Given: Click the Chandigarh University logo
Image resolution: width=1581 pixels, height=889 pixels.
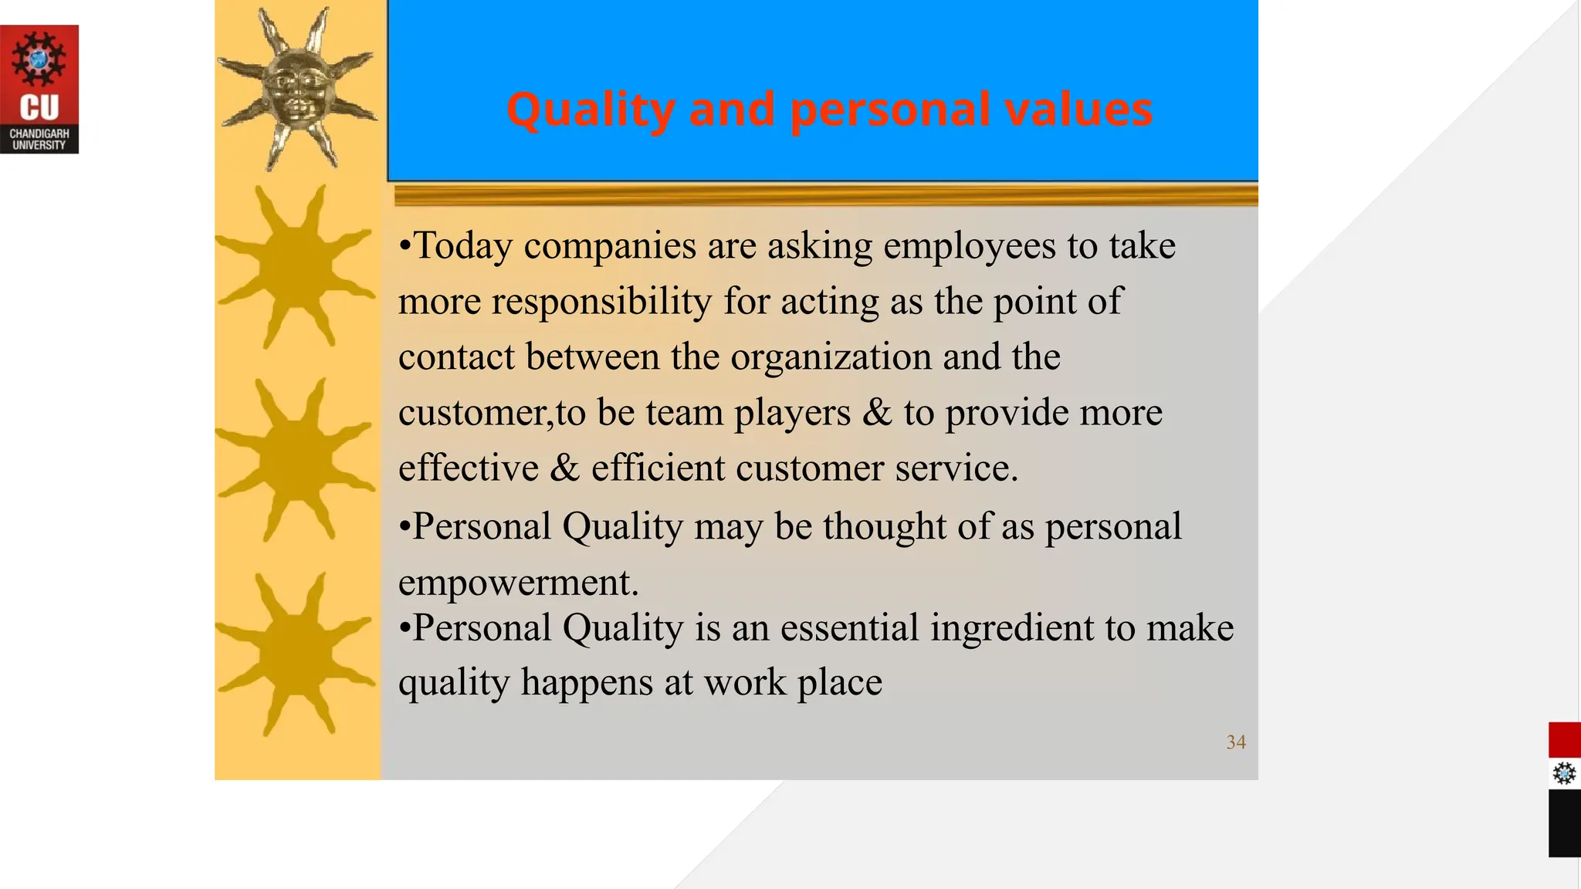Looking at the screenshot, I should coord(39,89).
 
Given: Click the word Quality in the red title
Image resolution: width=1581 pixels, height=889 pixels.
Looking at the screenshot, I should coord(590,109).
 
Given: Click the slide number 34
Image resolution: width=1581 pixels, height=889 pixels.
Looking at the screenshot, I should coord(1236,742).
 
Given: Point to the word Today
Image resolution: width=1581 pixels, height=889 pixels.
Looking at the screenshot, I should coord(463,246).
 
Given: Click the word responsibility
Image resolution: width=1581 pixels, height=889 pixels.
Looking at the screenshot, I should coord(601,302).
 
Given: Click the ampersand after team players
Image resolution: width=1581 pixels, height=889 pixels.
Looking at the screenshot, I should coord(877,413).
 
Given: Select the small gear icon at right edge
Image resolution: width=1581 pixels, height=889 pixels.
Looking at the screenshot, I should coord(1564,773).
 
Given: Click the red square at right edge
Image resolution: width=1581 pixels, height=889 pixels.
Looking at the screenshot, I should coord(1564,740).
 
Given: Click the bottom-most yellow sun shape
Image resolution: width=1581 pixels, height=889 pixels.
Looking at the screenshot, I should coord(296,654).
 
